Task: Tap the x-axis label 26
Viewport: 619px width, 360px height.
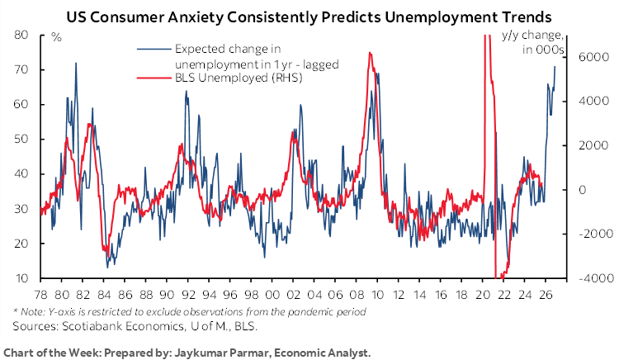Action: pos(546,294)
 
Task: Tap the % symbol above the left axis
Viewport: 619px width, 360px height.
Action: pos(56,36)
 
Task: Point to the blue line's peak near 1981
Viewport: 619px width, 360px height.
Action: pos(76,63)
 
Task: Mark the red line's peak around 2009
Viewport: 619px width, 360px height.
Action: pos(370,53)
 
